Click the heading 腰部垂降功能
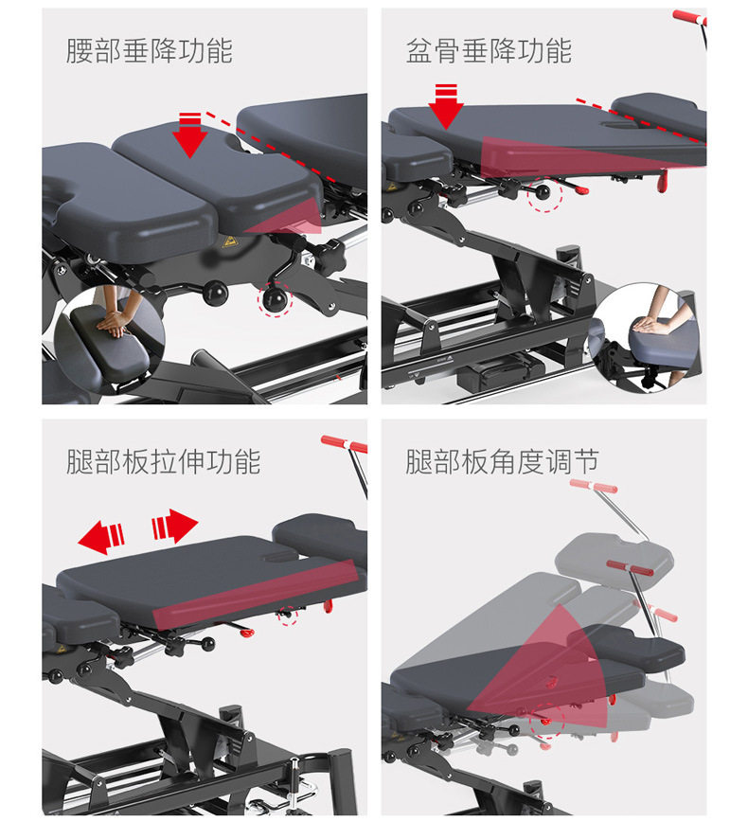point(150,51)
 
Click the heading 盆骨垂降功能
point(489,51)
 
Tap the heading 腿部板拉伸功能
point(164,461)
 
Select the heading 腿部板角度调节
point(502,461)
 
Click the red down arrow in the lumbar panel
point(189,134)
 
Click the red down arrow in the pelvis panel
point(446,106)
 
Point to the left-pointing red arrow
point(101,537)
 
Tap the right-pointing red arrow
point(175,526)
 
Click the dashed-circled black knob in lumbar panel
point(275,299)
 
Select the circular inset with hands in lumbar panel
point(109,340)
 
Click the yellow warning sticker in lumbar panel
point(228,241)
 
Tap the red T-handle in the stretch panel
point(344,443)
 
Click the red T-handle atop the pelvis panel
point(689,17)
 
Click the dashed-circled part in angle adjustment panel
point(546,721)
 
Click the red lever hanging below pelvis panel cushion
point(663,180)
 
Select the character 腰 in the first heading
point(80,51)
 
